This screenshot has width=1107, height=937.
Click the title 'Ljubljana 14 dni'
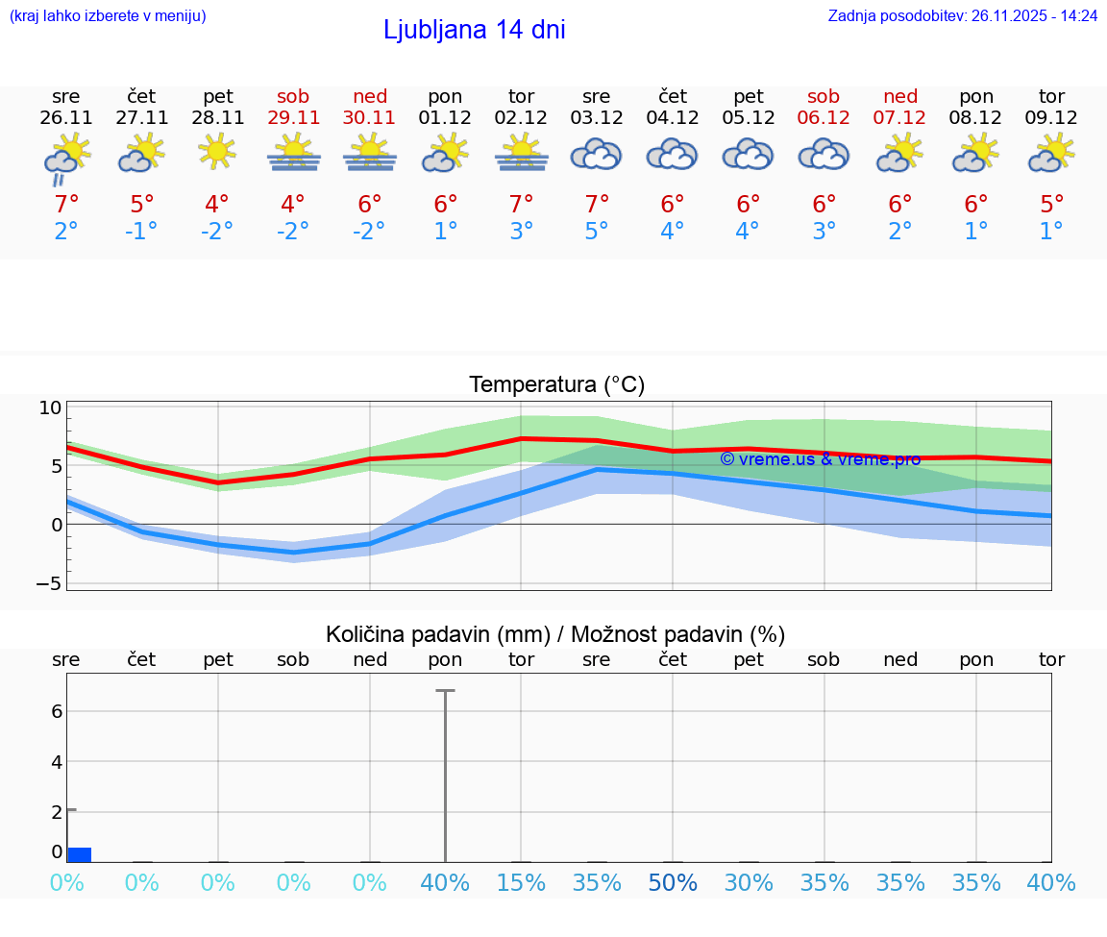(474, 30)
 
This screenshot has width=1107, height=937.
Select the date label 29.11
(293, 118)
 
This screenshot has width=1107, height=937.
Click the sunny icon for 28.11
(217, 151)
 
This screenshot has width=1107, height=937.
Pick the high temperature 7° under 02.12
(521, 204)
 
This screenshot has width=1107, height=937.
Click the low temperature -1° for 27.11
(141, 232)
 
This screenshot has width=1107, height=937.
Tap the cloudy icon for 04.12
(672, 154)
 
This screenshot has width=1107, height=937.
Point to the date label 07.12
(900, 118)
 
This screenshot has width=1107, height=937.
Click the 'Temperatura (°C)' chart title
(556, 384)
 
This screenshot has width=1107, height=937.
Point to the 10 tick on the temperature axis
(50, 407)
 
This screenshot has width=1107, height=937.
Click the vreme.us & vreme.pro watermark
(820, 459)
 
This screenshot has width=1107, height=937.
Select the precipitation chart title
(555, 634)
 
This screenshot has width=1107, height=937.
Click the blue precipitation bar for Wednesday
(79, 854)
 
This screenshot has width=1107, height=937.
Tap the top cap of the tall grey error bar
(445, 690)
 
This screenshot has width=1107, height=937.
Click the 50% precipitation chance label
(672, 883)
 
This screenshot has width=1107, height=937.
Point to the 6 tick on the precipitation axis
(56, 711)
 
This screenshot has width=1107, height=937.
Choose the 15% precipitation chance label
(521, 883)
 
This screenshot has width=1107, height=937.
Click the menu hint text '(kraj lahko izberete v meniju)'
(108, 15)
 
